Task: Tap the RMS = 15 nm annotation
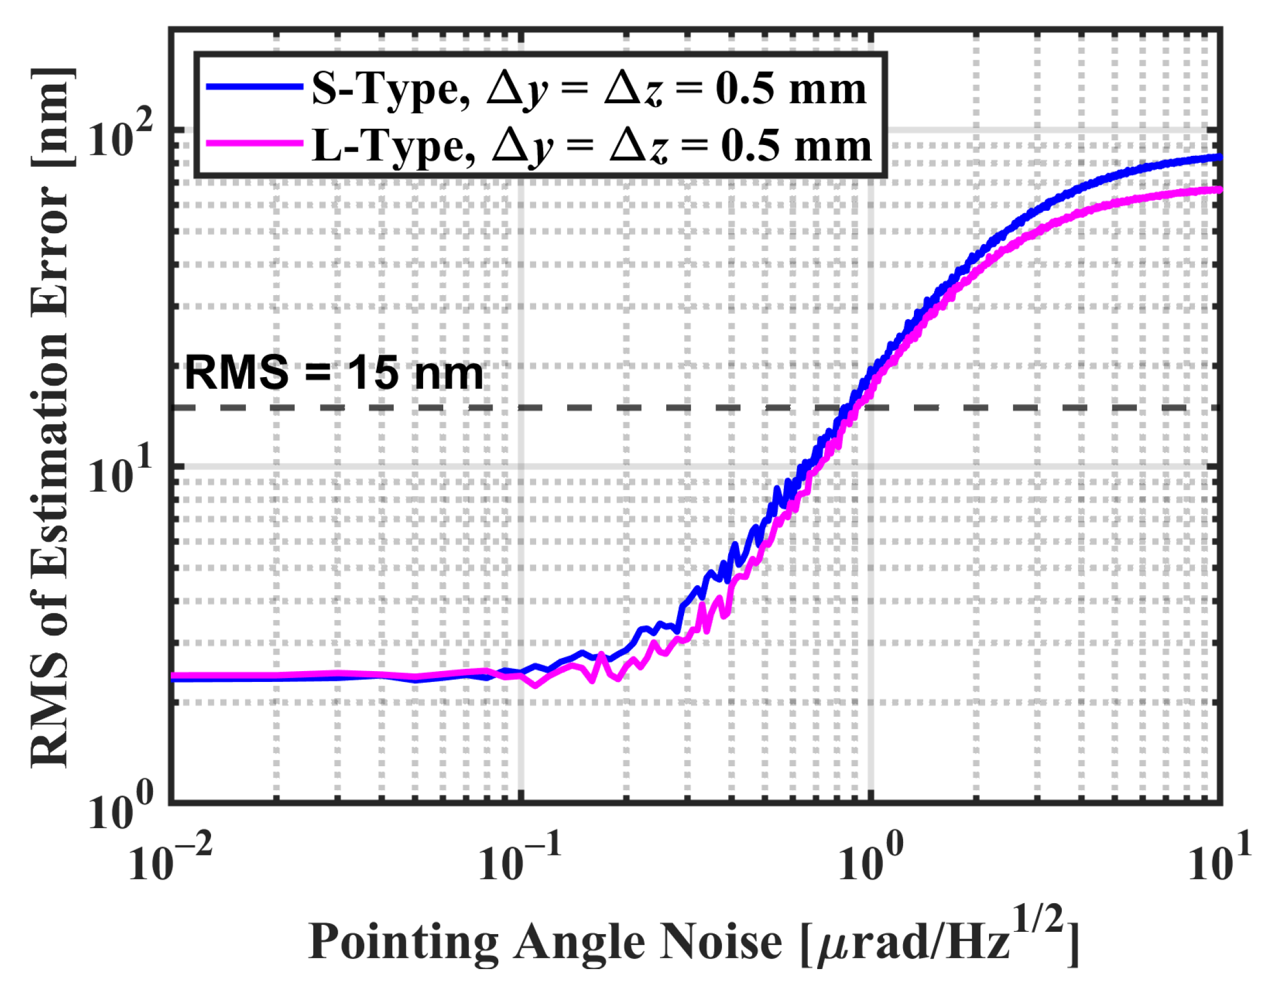333,373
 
